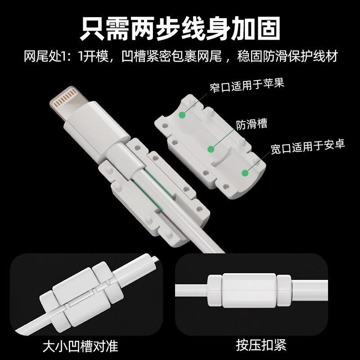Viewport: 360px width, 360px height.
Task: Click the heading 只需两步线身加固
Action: pos(180,28)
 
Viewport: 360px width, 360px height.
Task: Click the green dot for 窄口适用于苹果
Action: pos(182,115)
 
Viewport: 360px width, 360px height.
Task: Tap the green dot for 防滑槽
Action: pos(210,149)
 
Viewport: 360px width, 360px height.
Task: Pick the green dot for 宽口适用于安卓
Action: pos(245,172)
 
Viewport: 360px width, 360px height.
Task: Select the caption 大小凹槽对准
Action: pos(80,346)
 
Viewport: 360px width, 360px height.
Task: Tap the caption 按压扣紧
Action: pos(261,346)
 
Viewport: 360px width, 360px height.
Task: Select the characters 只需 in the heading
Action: pos(100,28)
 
